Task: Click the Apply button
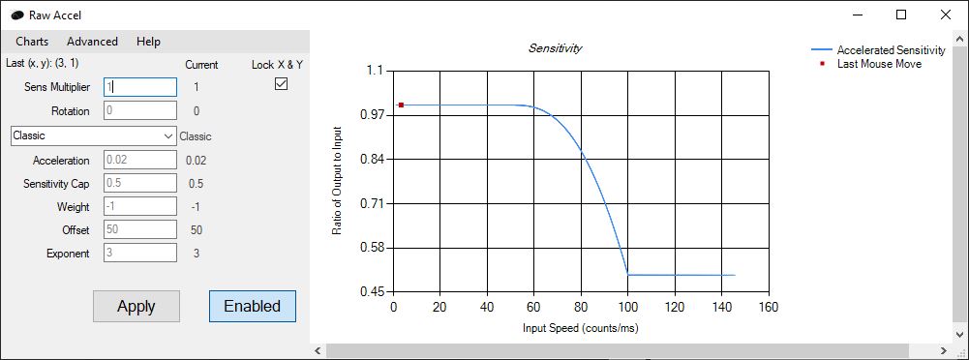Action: [136, 306]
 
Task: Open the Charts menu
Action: [32, 42]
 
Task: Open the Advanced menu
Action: [92, 42]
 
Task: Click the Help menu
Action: [148, 42]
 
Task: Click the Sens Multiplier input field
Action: [140, 87]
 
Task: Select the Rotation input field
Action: [140, 111]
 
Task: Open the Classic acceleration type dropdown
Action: [93, 136]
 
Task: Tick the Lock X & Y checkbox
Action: [282, 85]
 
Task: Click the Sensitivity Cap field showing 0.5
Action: [140, 183]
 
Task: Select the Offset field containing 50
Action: [140, 229]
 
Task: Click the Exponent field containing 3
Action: [140, 254]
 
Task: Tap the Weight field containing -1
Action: [140, 206]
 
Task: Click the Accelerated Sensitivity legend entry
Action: [876, 49]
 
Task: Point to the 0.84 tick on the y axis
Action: [372, 159]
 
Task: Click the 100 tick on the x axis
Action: [628, 308]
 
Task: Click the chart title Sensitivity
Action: [555, 47]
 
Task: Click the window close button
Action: [946, 15]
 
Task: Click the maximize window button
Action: [901, 15]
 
